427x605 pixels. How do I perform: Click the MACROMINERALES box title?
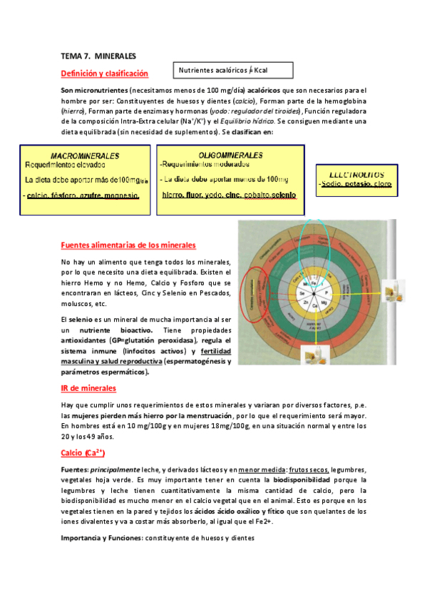coord(85,155)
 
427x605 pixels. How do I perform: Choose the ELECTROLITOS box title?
coord(353,173)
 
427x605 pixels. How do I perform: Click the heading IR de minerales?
coord(89,388)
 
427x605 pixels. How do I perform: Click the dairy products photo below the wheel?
coord(310,355)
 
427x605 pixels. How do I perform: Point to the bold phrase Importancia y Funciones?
coord(101,537)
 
